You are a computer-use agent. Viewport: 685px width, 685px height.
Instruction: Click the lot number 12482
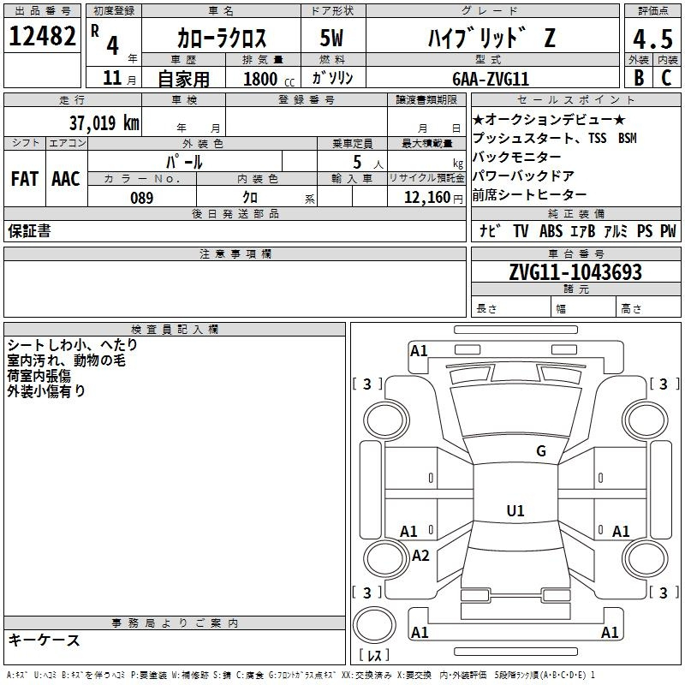[42, 36]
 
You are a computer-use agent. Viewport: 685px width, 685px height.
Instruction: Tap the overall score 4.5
[652, 39]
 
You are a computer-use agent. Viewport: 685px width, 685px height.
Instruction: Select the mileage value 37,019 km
[104, 122]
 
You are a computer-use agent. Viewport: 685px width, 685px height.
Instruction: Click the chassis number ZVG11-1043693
[575, 272]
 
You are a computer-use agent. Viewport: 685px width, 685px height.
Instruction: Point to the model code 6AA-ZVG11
[491, 79]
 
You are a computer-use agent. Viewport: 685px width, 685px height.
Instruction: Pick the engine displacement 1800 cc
[269, 79]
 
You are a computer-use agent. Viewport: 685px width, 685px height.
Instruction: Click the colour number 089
[142, 198]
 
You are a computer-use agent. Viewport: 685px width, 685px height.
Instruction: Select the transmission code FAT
[25, 179]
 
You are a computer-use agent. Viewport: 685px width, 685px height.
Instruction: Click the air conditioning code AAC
[66, 179]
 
